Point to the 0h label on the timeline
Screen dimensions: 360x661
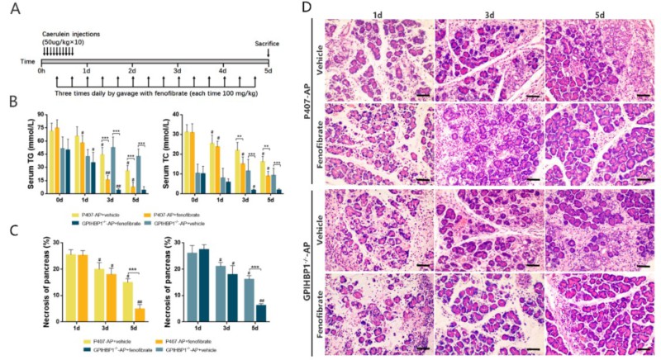click(x=40, y=71)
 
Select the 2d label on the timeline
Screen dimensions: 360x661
click(x=131, y=71)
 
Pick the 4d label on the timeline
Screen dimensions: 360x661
click(x=223, y=71)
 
